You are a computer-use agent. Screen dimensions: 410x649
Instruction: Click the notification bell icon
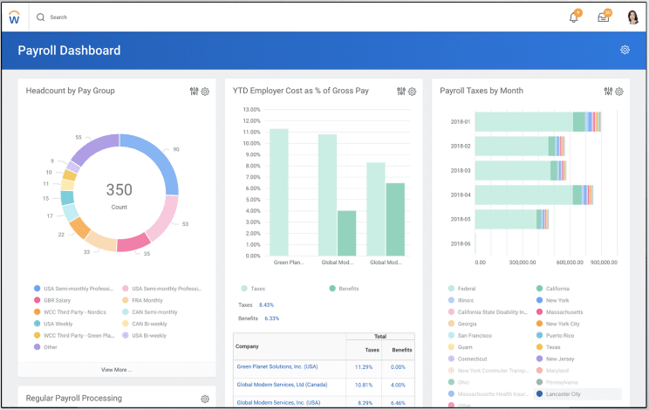[x=574, y=17]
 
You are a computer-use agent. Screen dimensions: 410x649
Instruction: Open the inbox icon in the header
[x=604, y=17]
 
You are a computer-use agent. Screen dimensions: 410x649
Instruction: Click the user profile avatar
[x=632, y=17]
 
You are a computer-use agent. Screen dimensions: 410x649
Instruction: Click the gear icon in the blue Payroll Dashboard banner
[x=625, y=51]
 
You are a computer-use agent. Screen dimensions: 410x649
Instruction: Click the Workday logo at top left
[x=15, y=18]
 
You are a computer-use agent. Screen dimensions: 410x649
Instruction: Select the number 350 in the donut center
[x=120, y=190]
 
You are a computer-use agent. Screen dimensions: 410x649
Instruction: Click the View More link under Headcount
[x=117, y=370]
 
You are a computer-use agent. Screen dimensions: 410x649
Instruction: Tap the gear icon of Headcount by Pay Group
[x=206, y=92]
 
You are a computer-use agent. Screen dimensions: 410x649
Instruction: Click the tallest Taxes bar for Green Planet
[x=279, y=192]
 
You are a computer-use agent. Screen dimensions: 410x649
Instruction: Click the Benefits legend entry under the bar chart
[x=347, y=288]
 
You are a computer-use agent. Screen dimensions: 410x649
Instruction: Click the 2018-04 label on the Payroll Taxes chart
[x=460, y=195]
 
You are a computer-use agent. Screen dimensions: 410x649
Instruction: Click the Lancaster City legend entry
[x=563, y=394]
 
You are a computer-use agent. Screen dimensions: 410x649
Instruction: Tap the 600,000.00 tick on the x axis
[x=570, y=263]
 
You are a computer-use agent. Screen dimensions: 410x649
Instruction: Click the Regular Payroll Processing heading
[x=74, y=399]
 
